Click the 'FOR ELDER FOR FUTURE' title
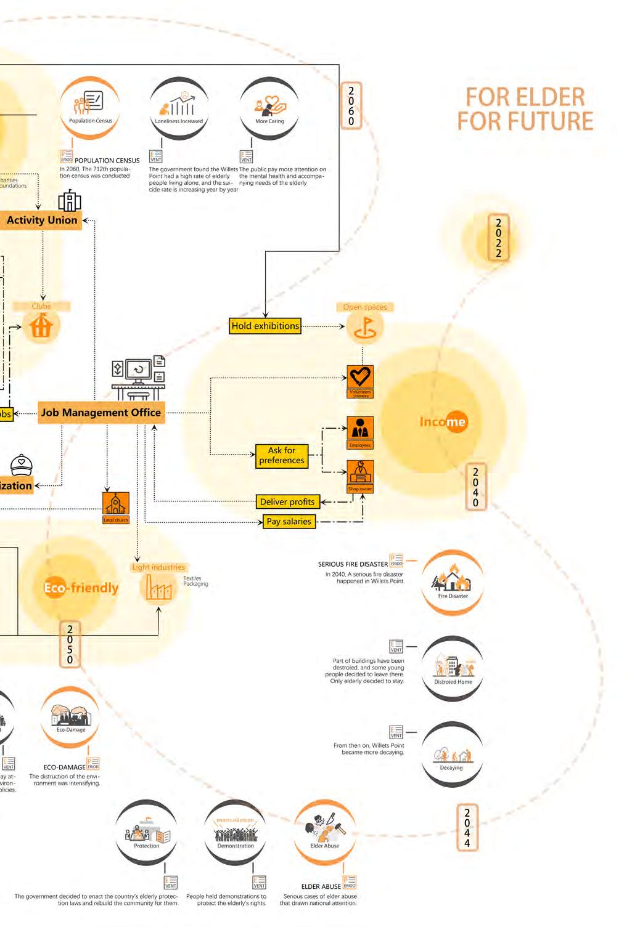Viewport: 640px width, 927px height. coord(525,109)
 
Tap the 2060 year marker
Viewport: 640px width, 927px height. coord(351,105)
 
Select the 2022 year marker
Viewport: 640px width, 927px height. coord(498,237)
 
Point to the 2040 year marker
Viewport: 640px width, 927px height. coord(475,487)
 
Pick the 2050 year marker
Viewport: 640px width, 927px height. coord(70,644)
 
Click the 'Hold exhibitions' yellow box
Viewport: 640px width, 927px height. coord(265,326)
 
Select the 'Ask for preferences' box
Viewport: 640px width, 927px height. coord(281,455)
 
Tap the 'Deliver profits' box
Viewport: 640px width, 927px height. coord(287,502)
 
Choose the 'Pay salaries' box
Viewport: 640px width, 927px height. coord(289,522)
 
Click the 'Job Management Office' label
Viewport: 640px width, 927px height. coord(101,413)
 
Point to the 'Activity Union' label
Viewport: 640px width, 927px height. coord(42,220)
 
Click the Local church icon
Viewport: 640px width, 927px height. coord(116,506)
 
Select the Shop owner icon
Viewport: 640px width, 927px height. coord(360,474)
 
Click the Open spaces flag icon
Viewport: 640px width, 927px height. coord(365,326)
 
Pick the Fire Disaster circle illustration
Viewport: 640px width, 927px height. coord(453,582)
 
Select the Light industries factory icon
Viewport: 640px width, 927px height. coord(159,588)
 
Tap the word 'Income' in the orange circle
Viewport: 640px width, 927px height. coord(443,422)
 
